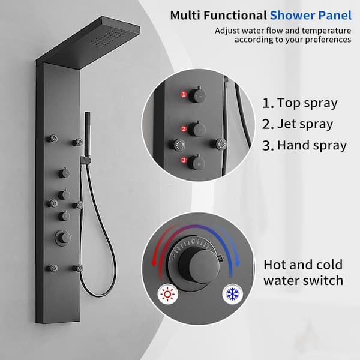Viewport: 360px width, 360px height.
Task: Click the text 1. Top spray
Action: tap(300, 103)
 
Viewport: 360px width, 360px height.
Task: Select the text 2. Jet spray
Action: tap(298, 124)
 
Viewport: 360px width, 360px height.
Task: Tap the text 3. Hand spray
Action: tap(304, 145)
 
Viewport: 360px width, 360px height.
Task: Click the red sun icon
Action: tap(168, 294)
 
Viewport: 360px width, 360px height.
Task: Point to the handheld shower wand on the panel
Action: tap(86, 135)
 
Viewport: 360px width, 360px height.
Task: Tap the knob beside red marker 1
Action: tap(197, 95)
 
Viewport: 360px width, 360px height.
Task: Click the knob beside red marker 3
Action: tap(197, 161)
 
